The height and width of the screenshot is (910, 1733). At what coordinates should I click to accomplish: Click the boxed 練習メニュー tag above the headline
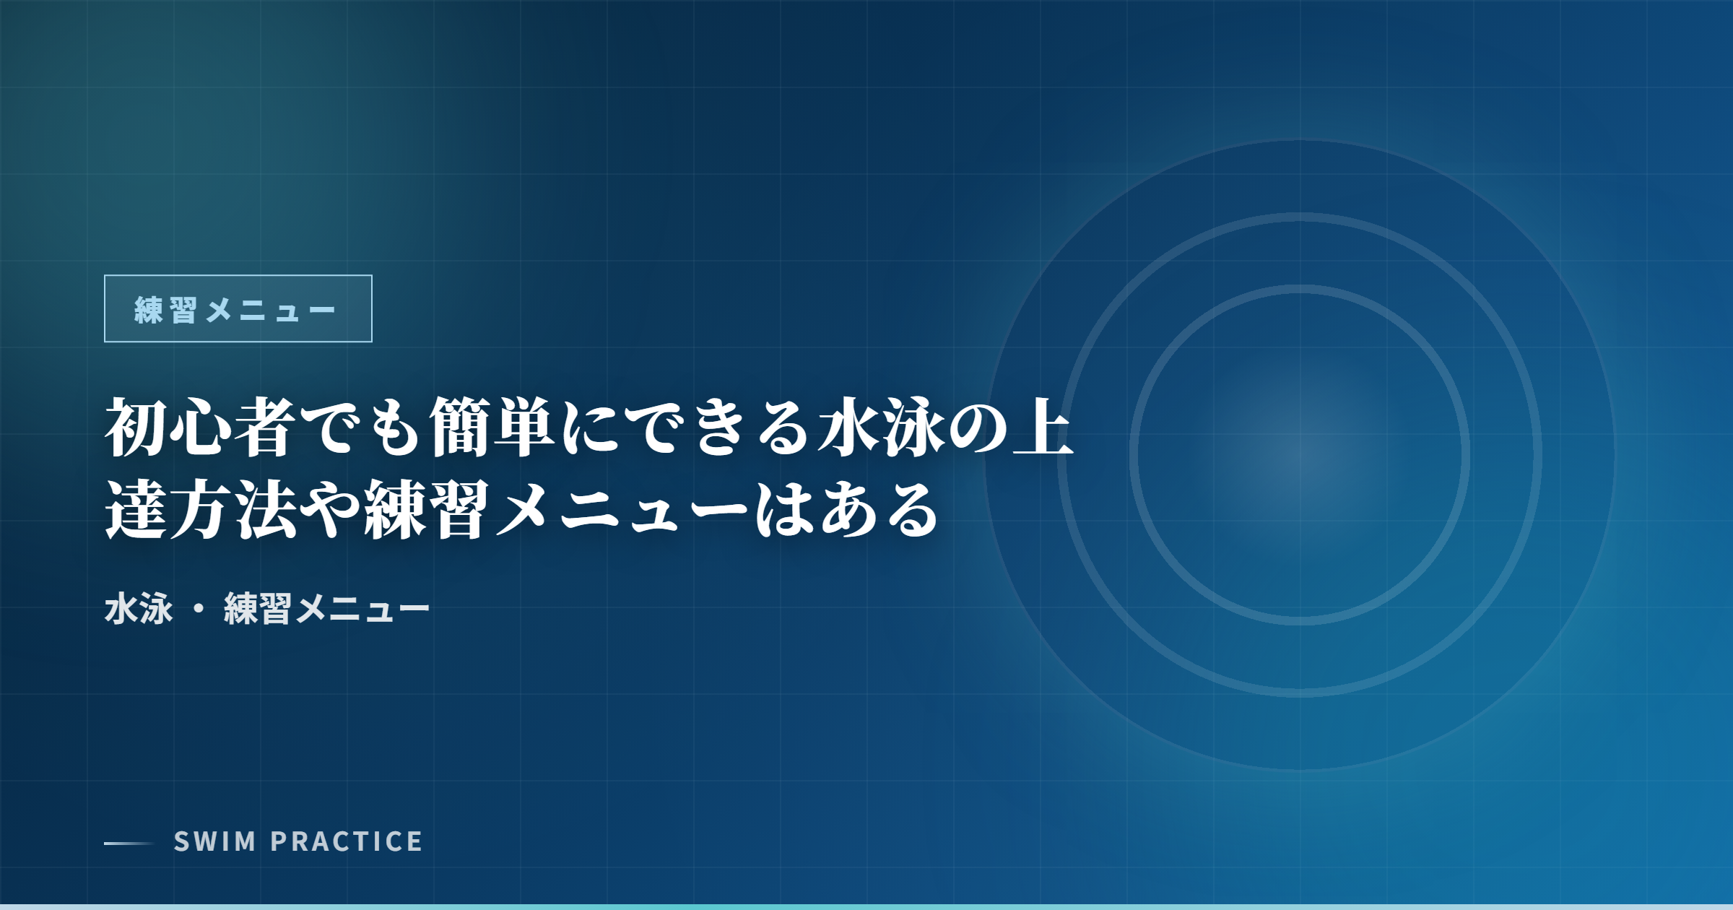pyautogui.click(x=238, y=308)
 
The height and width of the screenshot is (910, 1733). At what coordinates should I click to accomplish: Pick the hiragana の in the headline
pyautogui.click(x=978, y=430)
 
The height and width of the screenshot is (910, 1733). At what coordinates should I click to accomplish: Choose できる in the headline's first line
pyautogui.click(x=715, y=430)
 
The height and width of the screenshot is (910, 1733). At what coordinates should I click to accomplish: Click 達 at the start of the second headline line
pyautogui.click(x=136, y=510)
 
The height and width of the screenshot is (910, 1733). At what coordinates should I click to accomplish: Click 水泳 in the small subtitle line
pyautogui.click(x=139, y=609)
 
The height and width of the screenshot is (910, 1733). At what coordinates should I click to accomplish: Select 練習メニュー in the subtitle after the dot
pyautogui.click(x=326, y=609)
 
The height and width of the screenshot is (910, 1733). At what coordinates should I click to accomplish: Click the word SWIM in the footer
pyautogui.click(x=214, y=841)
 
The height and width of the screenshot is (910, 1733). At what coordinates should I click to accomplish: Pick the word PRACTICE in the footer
pyautogui.click(x=347, y=841)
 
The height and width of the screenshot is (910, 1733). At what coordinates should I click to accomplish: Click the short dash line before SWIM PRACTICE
pyautogui.click(x=129, y=843)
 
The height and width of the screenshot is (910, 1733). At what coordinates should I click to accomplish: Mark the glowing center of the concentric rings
pyautogui.click(x=1300, y=455)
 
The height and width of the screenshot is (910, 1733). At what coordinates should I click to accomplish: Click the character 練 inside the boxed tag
pyautogui.click(x=149, y=310)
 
